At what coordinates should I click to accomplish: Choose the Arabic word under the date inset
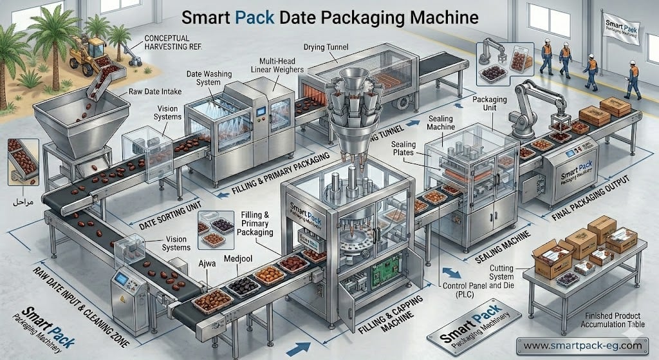tap(24, 202)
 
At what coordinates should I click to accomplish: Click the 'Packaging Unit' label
tap(491, 105)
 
